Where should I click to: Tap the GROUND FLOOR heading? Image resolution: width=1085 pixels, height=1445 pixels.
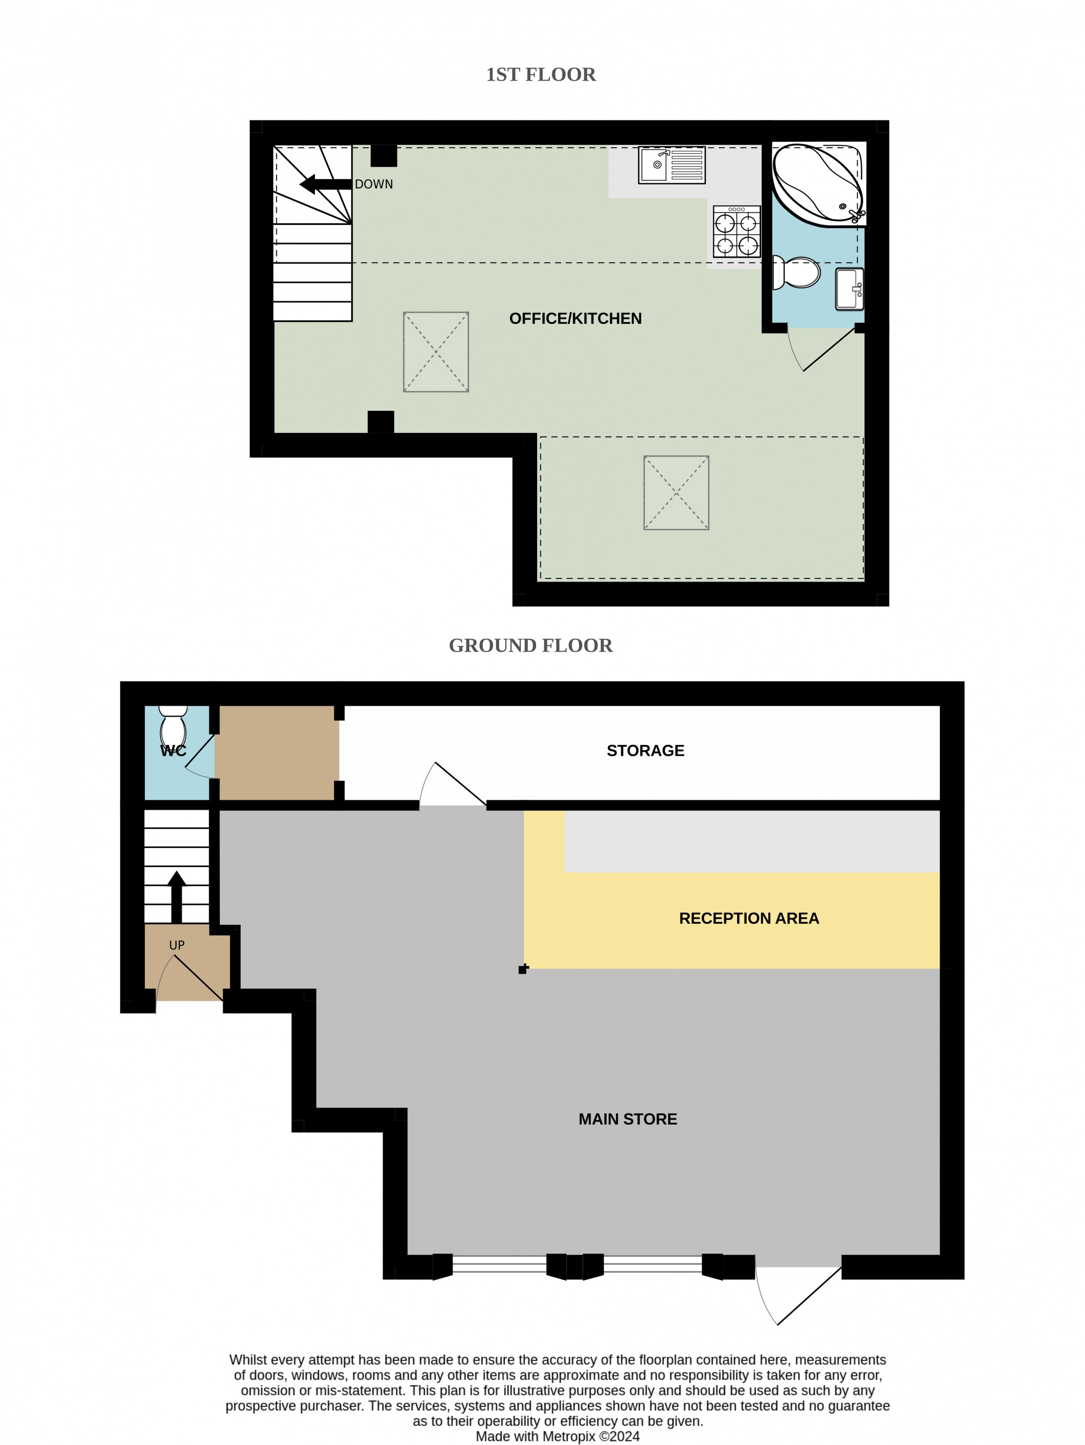pyautogui.click(x=531, y=646)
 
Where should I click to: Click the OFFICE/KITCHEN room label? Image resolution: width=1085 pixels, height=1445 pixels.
pyautogui.click(x=575, y=319)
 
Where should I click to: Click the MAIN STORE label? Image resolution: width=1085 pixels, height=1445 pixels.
pyautogui.click(x=628, y=1119)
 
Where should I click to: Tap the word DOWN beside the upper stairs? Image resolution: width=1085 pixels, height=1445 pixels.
pyautogui.click(x=374, y=184)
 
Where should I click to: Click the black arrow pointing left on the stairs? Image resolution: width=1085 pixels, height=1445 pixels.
pyautogui.click(x=325, y=184)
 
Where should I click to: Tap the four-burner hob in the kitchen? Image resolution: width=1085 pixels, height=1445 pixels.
pyautogui.click(x=736, y=231)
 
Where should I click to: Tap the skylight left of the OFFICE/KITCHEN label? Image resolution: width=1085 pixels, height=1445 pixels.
pyautogui.click(x=436, y=352)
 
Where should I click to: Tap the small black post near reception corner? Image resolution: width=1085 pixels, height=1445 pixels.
pyautogui.click(x=523, y=969)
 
